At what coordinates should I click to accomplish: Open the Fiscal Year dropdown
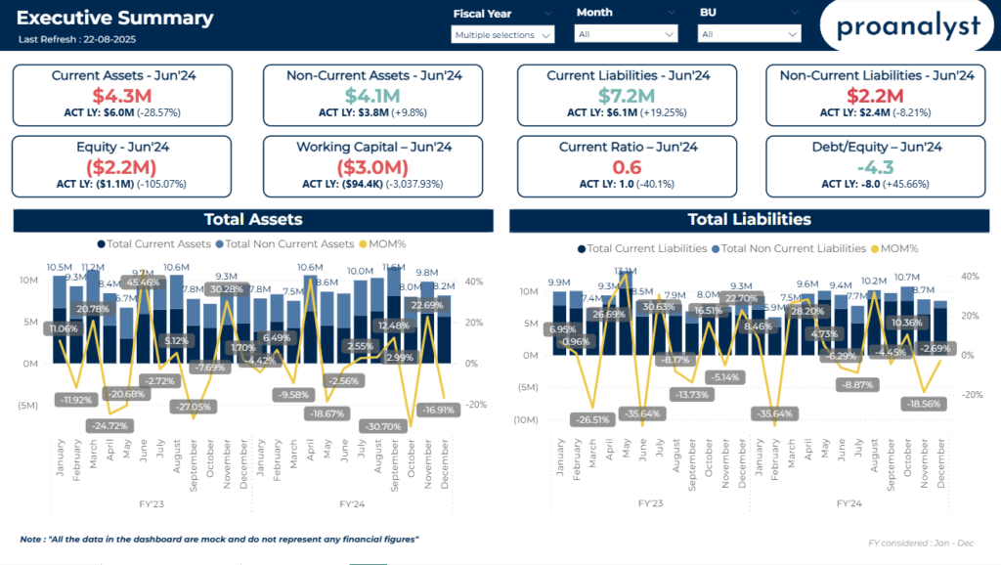coord(502,34)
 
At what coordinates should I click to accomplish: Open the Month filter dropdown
coord(627,34)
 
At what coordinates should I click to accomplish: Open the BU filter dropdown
coord(750,34)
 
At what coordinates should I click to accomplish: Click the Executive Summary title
coord(115,18)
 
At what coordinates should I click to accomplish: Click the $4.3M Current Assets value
coord(122,96)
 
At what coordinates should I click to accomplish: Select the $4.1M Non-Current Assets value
coord(373,96)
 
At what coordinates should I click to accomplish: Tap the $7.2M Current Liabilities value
coord(628,96)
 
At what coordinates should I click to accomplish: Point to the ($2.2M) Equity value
coord(122,167)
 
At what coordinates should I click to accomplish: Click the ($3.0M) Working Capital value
coord(373,167)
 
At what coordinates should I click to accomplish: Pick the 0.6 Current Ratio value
coord(628,167)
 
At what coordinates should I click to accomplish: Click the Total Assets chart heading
coord(253,220)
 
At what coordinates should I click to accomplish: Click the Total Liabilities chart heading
coord(750,220)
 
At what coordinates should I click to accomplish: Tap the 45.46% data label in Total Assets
coord(142,282)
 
